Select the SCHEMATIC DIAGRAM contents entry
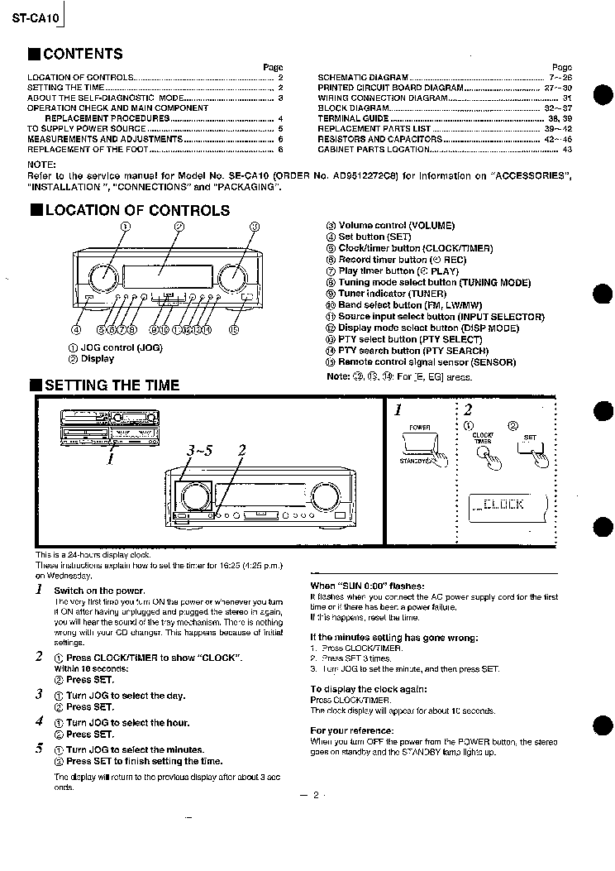click(363, 78)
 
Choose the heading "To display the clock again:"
click(368, 689)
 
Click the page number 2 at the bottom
click(315, 796)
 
